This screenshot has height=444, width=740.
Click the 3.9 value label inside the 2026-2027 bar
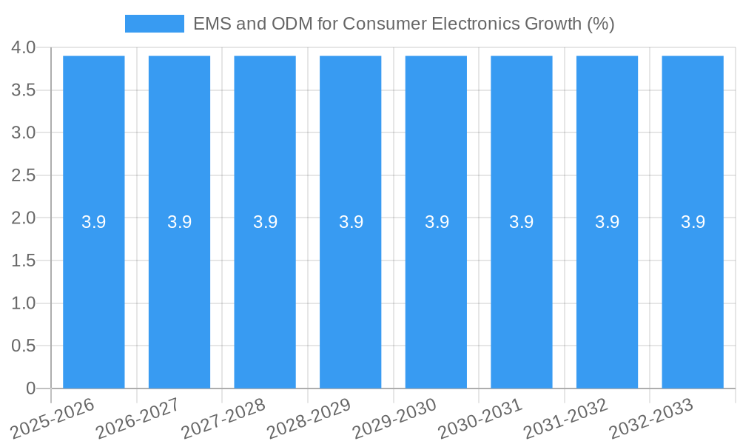(179, 222)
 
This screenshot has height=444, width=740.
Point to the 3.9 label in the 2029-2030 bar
(437, 222)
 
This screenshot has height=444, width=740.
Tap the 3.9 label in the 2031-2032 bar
(608, 222)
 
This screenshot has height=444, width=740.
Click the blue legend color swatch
(154, 24)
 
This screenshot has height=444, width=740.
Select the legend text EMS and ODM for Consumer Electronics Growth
(403, 24)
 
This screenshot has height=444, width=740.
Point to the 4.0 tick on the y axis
(24, 47)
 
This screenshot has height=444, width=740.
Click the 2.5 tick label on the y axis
(24, 175)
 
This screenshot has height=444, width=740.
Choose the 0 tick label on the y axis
(31, 388)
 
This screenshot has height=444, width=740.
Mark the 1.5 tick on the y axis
(24, 260)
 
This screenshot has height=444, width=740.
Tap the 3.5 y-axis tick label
(24, 90)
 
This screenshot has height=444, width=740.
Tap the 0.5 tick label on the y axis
(24, 346)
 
